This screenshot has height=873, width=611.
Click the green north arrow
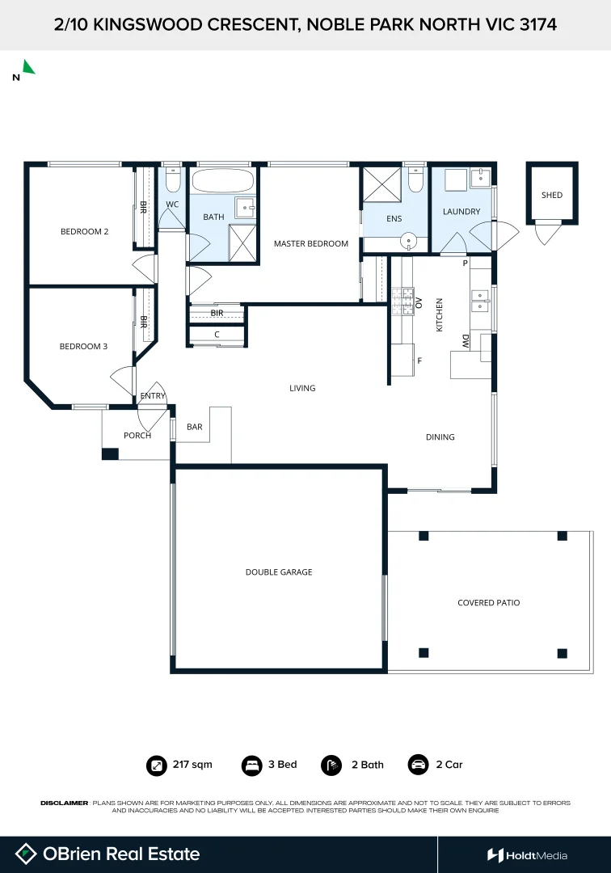[x=28, y=67]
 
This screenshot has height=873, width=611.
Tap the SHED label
[x=551, y=195]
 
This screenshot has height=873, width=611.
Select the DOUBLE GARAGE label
[x=279, y=571]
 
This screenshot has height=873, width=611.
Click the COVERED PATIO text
[x=489, y=602]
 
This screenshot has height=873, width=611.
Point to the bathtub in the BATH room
[x=222, y=181]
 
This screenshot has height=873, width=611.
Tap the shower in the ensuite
[x=381, y=185]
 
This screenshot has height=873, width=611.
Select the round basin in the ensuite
[x=409, y=242]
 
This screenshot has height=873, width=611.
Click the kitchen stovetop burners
[x=402, y=302]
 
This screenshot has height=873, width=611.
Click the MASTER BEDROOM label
[x=311, y=243]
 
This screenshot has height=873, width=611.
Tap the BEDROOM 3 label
[x=83, y=346]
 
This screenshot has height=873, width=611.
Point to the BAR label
[x=195, y=427]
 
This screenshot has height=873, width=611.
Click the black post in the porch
[x=110, y=453]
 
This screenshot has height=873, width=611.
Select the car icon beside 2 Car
[x=418, y=765]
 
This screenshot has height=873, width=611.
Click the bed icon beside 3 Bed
[x=251, y=765]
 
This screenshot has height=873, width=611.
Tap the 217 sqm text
[x=192, y=765]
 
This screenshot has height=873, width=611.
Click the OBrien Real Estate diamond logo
[x=26, y=854]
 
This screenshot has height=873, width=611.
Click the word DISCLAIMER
[x=65, y=803]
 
